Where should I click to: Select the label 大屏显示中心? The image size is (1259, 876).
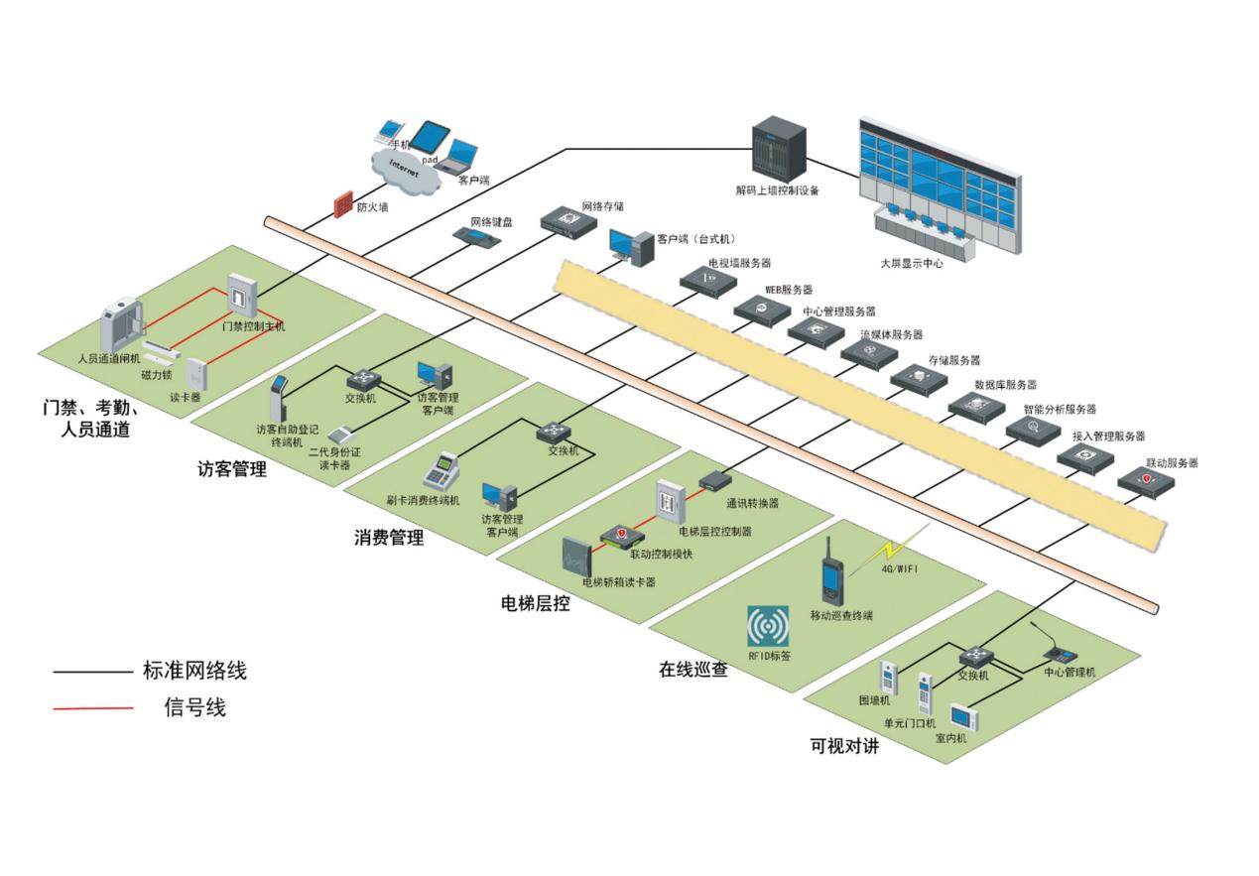pos(911,264)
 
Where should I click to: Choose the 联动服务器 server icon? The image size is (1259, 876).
pos(1147,483)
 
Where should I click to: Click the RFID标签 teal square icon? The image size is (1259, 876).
pos(768,626)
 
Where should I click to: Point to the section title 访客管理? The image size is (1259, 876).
pos(232,469)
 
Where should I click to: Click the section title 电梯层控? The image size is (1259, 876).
pos(536,603)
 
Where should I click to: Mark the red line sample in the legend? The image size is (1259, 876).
pos(93,708)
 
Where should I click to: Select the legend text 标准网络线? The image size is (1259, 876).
pos(194,672)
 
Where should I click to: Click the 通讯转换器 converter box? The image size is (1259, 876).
pos(714,481)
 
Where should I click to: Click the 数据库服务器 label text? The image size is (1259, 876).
pos(1005,384)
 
